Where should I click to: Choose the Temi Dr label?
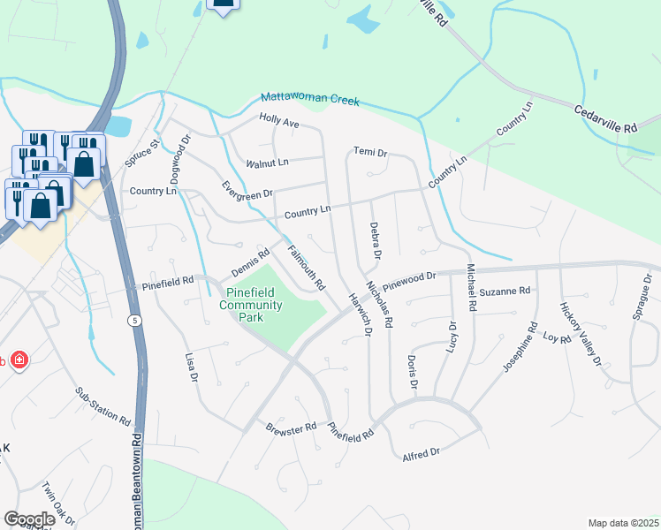tap(370, 153)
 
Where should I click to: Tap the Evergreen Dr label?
tap(247, 189)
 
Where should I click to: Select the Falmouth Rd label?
tap(308, 267)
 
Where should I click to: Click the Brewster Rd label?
tap(291, 428)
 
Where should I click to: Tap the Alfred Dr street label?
tap(421, 454)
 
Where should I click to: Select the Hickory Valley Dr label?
tap(580, 334)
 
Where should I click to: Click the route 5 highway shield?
tap(134, 319)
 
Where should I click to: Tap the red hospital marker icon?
tap(19, 360)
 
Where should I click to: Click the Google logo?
tap(29, 519)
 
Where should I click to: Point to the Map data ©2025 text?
tap(623, 523)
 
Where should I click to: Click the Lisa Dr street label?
tap(190, 367)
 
